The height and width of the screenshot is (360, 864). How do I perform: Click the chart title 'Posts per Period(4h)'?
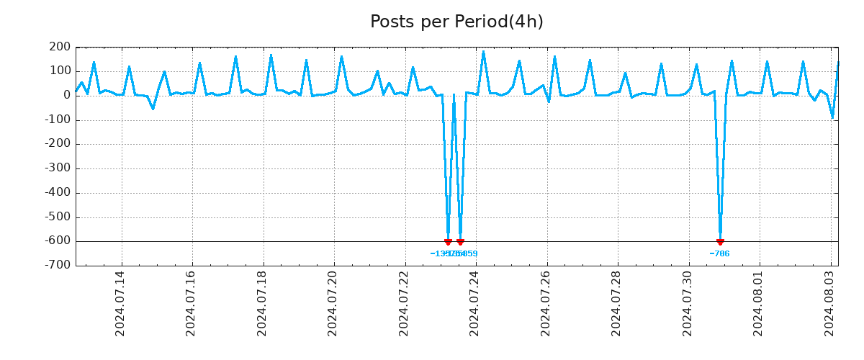[456, 22]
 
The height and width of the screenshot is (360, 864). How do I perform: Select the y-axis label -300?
[58, 168]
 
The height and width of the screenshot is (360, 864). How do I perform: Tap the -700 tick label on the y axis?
[58, 265]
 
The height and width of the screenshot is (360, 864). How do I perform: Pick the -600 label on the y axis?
[58, 241]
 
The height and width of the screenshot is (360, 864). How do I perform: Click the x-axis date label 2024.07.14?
[120, 303]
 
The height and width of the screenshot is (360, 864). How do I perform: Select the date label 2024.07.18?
[262, 303]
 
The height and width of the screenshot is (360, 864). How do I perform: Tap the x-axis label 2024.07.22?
[404, 303]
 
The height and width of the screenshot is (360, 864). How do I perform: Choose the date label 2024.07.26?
[546, 303]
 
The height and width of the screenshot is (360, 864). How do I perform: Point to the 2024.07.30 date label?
[688, 303]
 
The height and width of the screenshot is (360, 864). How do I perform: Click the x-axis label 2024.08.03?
[829, 303]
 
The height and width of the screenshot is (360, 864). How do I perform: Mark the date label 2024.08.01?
[758, 303]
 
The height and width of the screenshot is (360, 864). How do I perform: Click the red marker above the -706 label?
[720, 242]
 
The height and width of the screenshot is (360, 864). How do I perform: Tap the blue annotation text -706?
[719, 253]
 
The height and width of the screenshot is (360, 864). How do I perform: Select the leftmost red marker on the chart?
[448, 242]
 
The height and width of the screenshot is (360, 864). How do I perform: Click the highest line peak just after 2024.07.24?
[483, 51]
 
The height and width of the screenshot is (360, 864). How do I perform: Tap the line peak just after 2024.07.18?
[271, 55]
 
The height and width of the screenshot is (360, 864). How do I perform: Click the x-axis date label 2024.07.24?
[474, 303]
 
